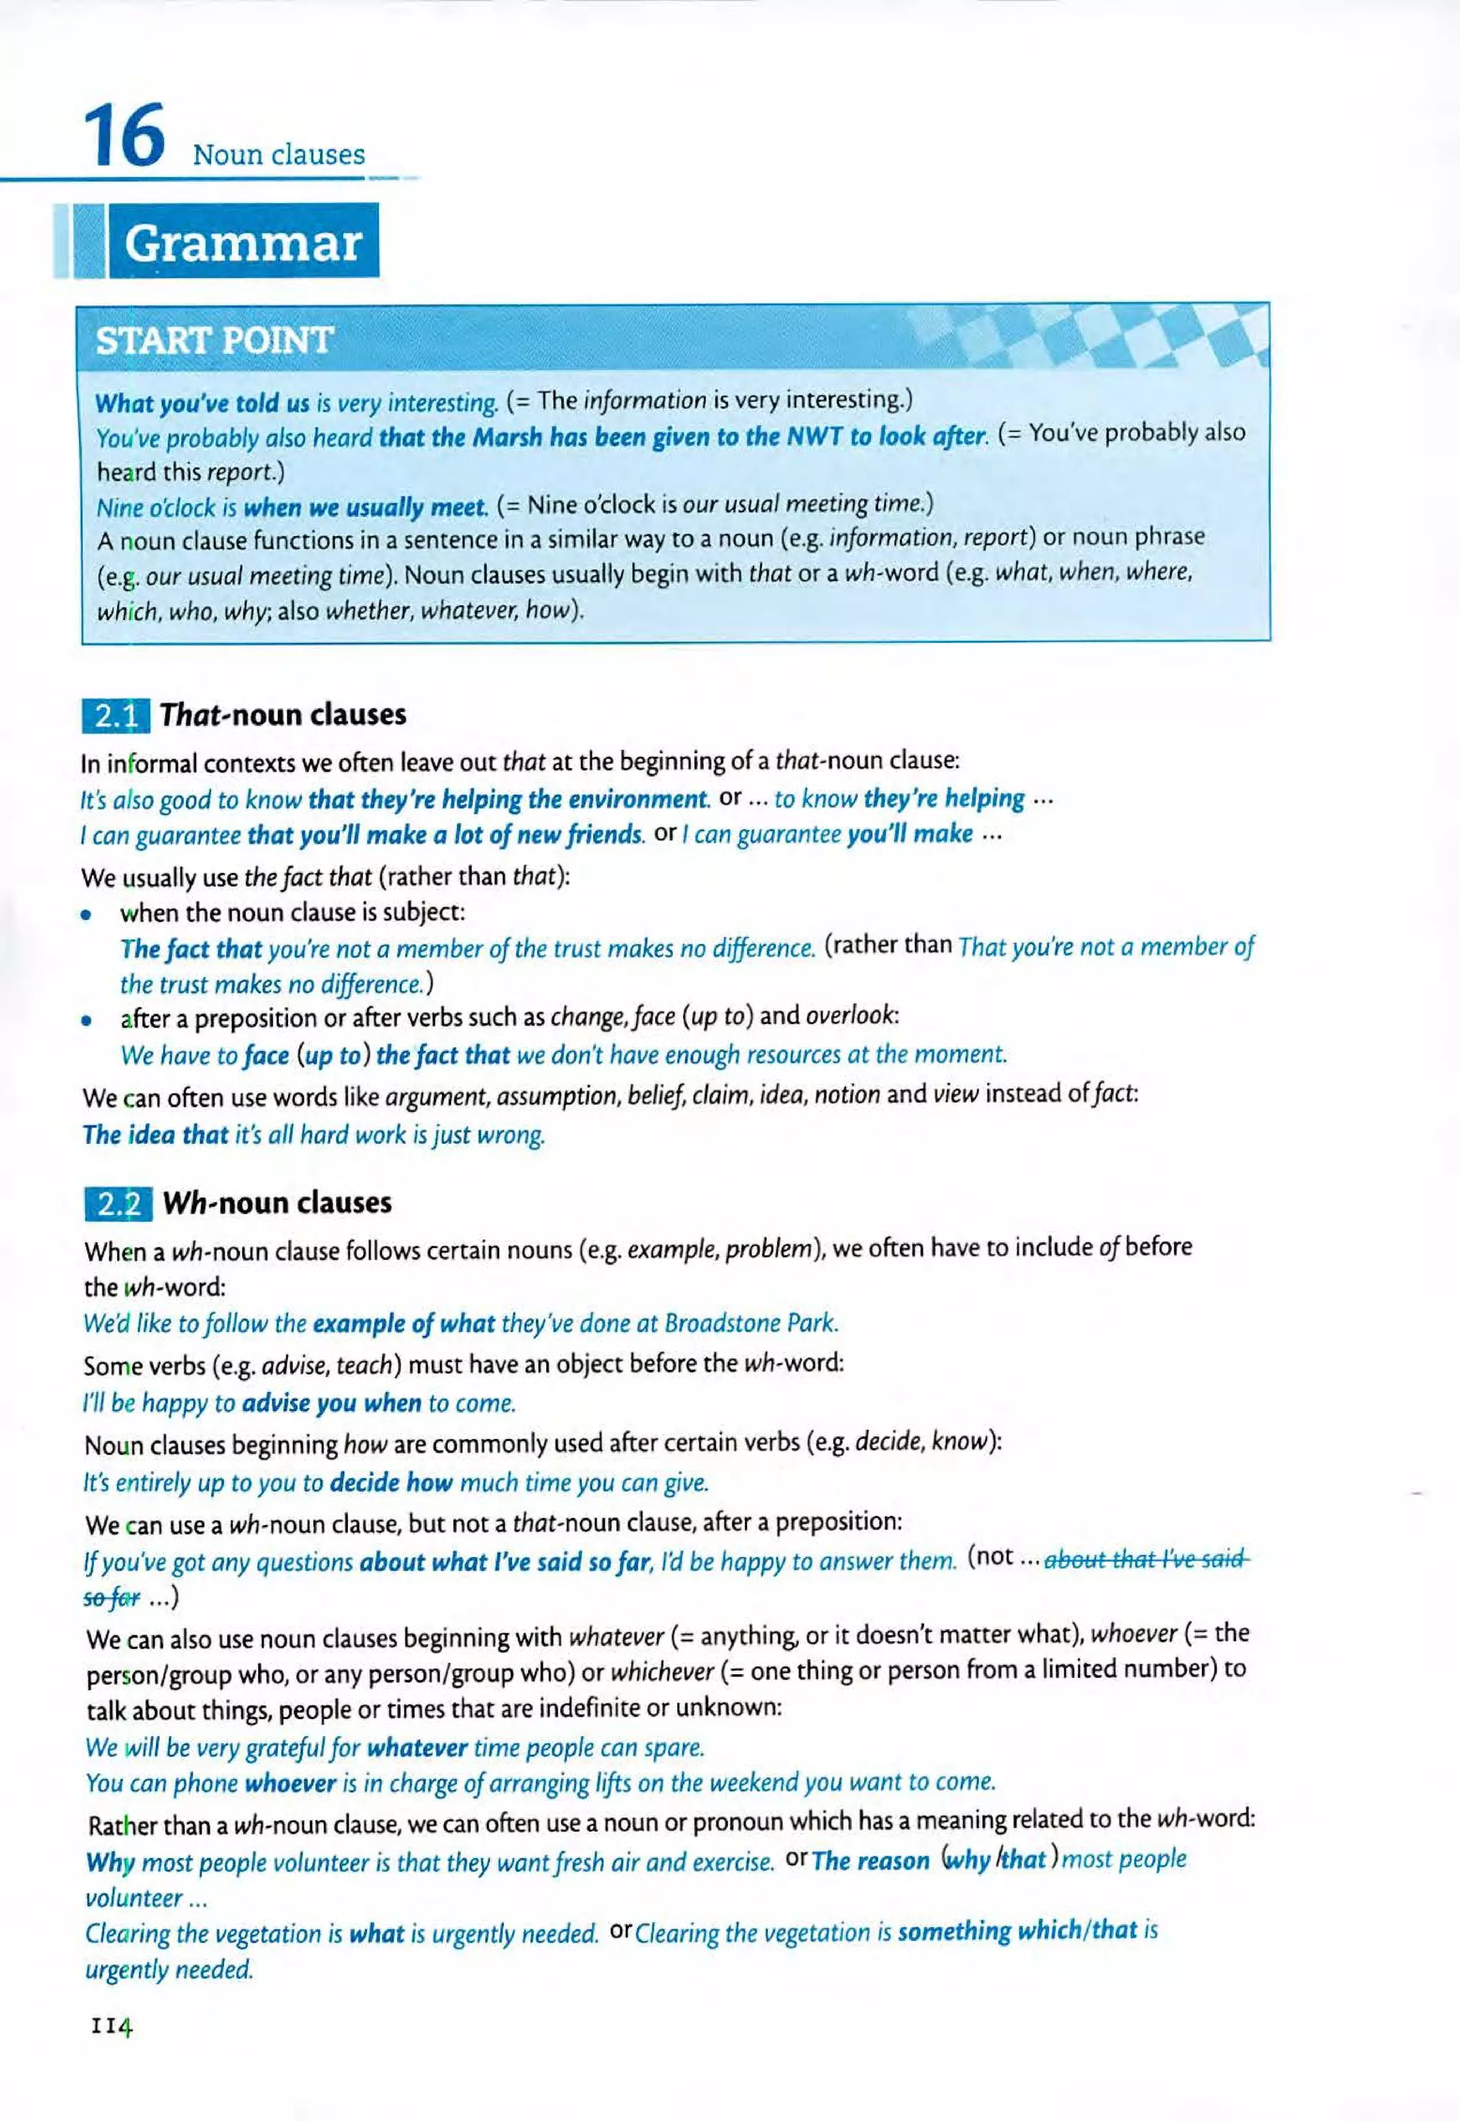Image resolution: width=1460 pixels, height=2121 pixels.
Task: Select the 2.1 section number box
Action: point(116,716)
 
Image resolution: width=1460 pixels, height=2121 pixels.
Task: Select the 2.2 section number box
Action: point(118,1204)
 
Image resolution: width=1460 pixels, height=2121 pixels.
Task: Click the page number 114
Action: point(112,2028)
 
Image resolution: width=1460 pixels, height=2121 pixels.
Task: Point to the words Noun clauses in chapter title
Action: point(278,154)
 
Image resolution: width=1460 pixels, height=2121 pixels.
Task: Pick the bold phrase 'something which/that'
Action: point(1017,1931)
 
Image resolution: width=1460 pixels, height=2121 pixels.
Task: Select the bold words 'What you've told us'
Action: point(202,403)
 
